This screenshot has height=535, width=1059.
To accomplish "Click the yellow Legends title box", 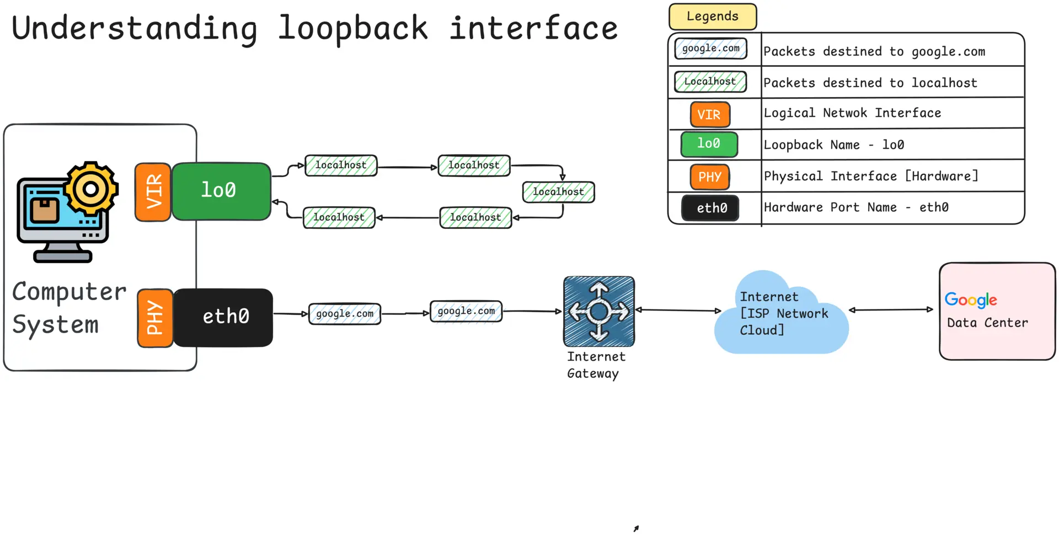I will point(712,17).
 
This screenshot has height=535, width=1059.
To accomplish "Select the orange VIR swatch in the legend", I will point(710,115).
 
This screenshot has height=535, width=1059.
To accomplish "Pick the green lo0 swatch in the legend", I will point(709,145).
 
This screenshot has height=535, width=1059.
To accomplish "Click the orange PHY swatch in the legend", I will point(710,177).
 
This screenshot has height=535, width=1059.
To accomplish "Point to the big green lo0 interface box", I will point(221,191).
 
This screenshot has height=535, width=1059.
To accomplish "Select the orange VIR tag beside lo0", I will point(153,192).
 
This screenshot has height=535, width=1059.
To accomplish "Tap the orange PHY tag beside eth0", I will point(155,318).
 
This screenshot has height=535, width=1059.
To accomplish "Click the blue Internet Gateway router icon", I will point(599,312).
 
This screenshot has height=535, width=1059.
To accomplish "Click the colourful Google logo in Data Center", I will point(971,299).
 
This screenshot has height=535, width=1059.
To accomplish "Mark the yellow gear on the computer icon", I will point(91,189).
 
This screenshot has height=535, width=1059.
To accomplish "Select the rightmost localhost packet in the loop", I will point(558,192).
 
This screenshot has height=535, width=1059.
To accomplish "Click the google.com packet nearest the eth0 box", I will point(345,314).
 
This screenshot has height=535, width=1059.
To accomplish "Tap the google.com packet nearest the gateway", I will point(466,311).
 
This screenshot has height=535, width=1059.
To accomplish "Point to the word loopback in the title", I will point(353,29).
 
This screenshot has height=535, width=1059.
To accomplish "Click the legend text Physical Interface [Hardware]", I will point(871,176).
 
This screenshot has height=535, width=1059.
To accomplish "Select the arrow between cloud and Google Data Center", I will point(891,310).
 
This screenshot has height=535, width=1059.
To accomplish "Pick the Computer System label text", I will point(68,308).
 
